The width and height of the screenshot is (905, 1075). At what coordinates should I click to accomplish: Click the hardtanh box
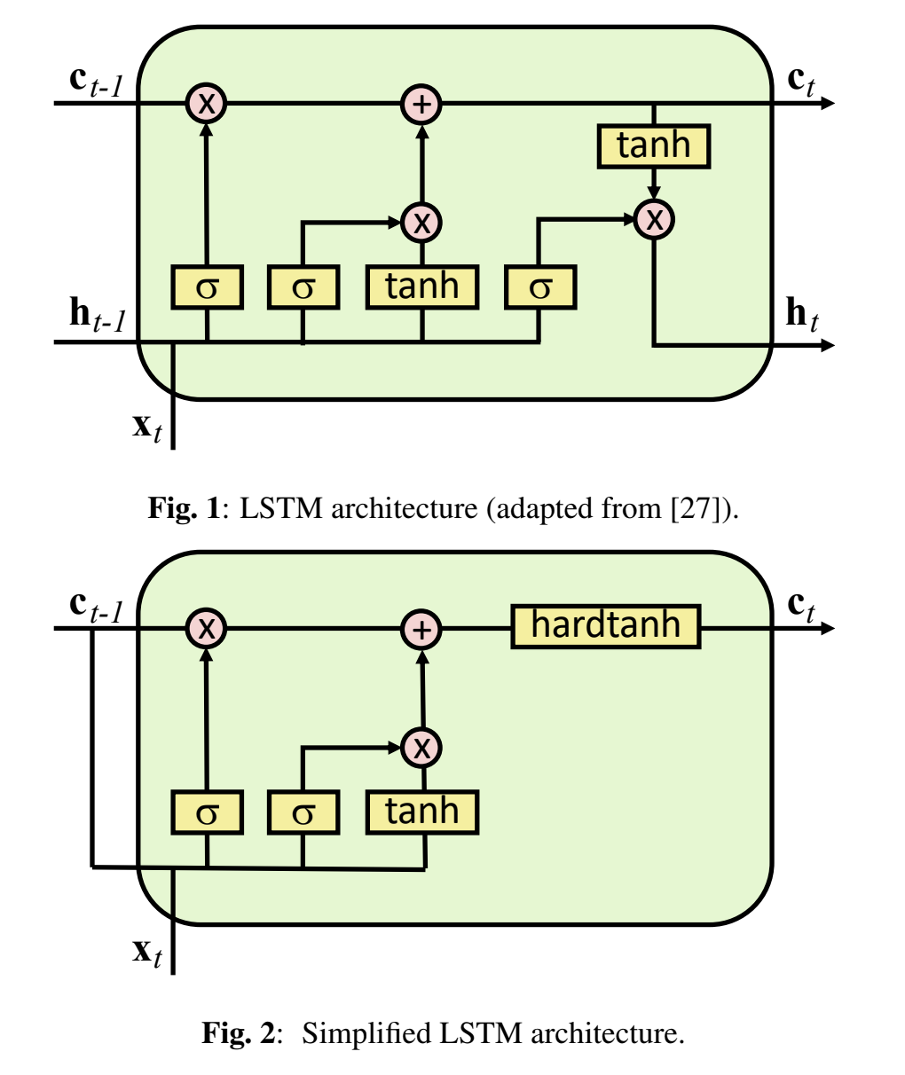click(x=606, y=626)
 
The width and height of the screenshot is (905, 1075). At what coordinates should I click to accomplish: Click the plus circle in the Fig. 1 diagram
click(x=422, y=104)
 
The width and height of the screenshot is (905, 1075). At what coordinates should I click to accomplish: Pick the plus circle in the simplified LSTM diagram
click(x=422, y=629)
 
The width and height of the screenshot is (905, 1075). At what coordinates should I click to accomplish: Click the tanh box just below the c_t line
click(x=654, y=146)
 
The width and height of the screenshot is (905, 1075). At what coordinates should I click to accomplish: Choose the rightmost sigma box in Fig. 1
click(x=540, y=287)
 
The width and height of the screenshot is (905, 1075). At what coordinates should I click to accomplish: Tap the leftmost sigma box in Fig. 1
click(x=207, y=287)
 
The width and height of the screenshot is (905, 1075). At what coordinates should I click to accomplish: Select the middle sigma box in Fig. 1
click(x=303, y=287)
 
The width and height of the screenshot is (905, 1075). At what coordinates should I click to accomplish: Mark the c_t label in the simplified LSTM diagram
click(x=801, y=607)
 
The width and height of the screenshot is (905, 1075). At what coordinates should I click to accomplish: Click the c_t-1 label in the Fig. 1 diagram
click(x=96, y=82)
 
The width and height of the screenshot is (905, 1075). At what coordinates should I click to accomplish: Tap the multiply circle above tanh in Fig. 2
click(x=422, y=747)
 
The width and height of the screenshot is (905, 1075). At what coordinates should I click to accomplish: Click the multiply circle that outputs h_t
click(x=655, y=218)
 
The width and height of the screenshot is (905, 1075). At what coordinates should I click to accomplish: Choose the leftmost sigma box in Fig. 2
click(x=207, y=812)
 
